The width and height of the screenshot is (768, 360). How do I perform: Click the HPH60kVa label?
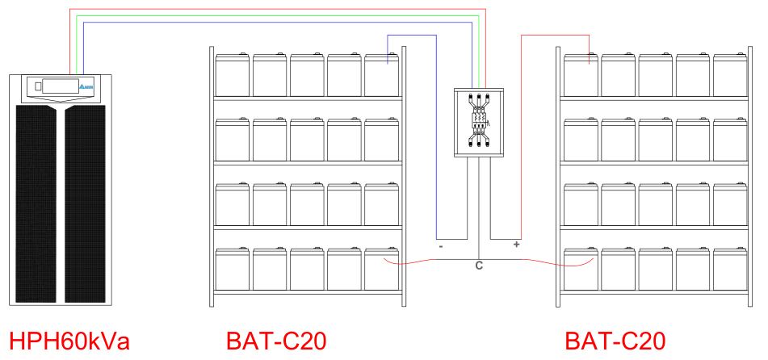(x=69, y=341)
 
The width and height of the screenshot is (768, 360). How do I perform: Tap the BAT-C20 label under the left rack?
(x=276, y=341)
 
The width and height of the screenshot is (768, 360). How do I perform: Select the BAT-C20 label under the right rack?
(x=615, y=341)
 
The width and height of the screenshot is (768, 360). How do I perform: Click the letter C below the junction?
(x=479, y=266)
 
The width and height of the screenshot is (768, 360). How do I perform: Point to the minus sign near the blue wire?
(x=441, y=246)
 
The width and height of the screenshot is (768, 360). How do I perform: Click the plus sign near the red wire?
(x=516, y=244)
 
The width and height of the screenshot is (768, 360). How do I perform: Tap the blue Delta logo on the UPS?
(x=86, y=86)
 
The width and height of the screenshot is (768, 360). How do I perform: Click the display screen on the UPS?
(x=61, y=86)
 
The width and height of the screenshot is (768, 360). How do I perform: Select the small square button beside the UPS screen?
(x=38, y=86)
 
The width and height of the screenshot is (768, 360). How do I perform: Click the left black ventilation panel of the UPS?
(x=36, y=203)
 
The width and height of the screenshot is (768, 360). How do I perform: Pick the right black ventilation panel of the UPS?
(x=86, y=203)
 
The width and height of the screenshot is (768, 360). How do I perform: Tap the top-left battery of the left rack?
(x=232, y=74)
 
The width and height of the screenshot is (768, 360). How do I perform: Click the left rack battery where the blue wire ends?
(x=381, y=74)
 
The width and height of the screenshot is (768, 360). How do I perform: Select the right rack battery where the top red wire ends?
(x=581, y=74)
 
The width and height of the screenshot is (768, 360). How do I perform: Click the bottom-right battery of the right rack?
(x=730, y=269)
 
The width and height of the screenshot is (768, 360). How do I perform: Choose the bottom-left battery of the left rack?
(x=232, y=269)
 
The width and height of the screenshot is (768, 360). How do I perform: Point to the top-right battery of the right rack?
(x=730, y=74)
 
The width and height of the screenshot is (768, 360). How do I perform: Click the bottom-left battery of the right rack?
(x=581, y=269)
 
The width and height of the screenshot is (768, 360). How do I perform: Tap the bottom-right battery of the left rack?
(x=381, y=269)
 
